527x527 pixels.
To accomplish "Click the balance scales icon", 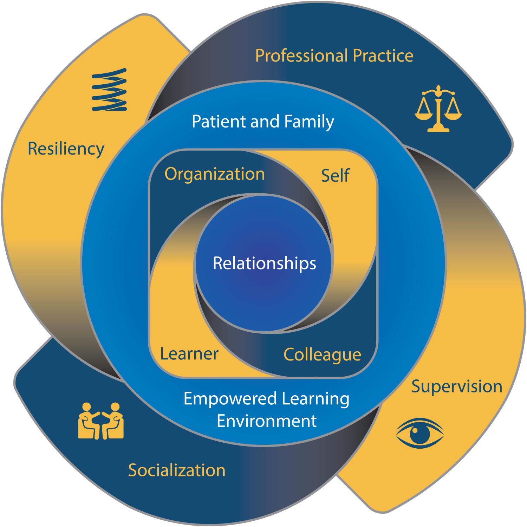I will [x=438, y=109].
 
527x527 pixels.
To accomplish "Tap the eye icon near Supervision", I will [x=420, y=433].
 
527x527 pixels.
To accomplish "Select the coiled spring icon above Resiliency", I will [x=109, y=90].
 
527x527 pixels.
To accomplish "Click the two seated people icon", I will [x=100, y=421].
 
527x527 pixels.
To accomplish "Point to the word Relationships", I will [x=264, y=263].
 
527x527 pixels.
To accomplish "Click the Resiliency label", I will [x=66, y=149].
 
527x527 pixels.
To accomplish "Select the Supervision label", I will [x=456, y=386].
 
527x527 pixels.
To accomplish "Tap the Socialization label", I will [x=176, y=470].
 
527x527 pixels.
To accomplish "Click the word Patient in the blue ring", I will [x=219, y=122].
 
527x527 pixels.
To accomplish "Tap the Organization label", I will [x=214, y=174].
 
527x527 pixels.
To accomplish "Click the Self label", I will [x=335, y=175].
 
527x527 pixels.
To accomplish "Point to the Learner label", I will [x=189, y=354].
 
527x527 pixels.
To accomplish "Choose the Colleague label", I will [x=322, y=355].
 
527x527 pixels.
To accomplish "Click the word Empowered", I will [x=230, y=399].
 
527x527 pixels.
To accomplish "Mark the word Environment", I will [x=267, y=421].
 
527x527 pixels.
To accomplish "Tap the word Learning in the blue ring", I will [x=315, y=399].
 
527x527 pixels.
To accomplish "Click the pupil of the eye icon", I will [x=420, y=434].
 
